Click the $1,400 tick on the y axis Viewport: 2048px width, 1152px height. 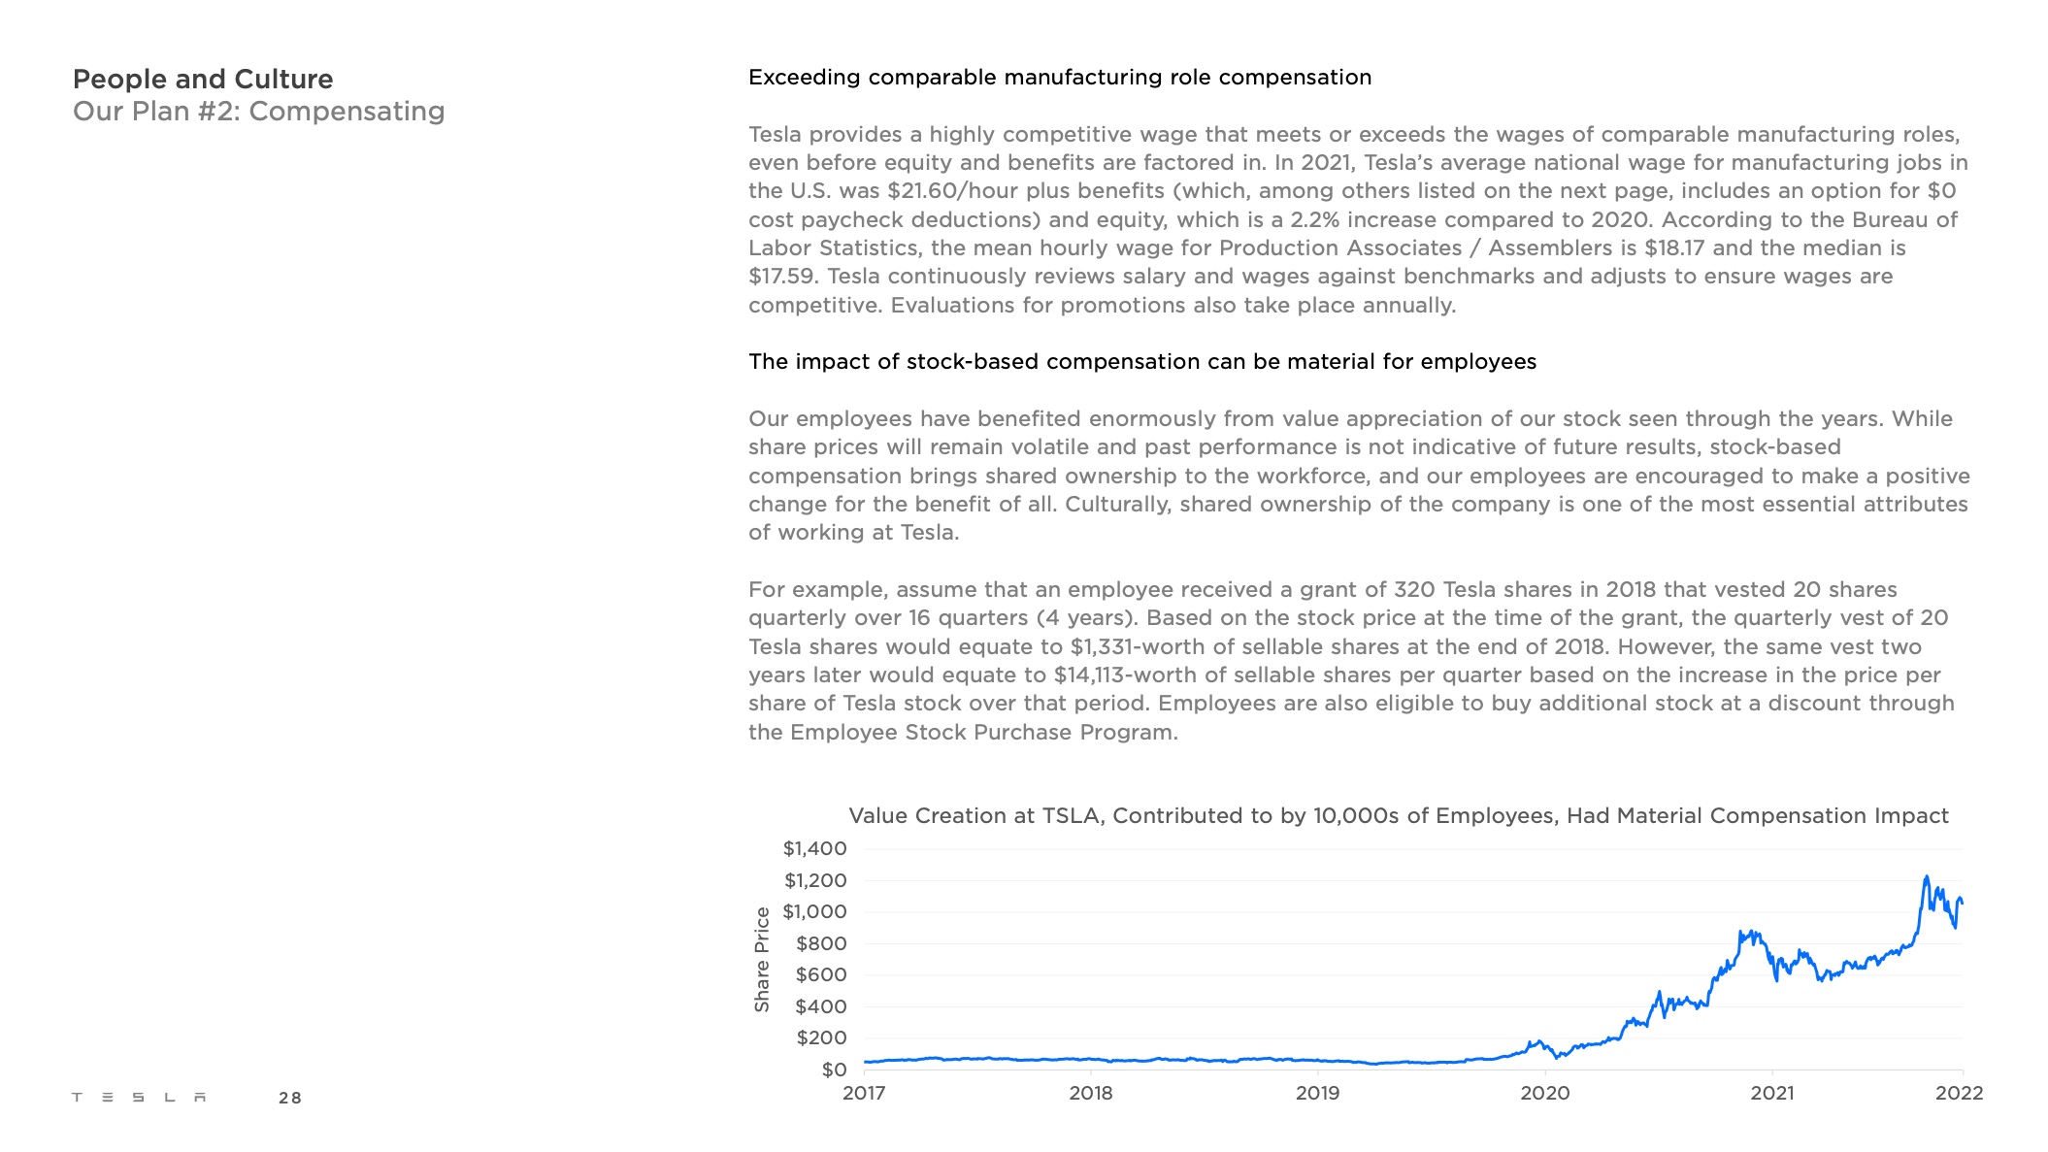point(814,849)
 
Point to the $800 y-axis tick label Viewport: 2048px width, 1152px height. point(820,943)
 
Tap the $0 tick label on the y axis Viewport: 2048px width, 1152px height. point(834,1070)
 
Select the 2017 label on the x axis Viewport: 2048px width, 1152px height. point(864,1094)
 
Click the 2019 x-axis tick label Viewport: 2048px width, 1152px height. point(1317,1094)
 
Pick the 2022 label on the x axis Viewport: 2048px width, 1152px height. point(1959,1094)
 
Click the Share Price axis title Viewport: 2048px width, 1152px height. point(762,959)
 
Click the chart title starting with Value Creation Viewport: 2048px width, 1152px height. point(1398,816)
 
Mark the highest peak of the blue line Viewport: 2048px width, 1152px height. point(1926,877)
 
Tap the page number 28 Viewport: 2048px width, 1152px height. point(289,1099)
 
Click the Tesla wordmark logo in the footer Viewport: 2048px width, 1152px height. point(139,1098)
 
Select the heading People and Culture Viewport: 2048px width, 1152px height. point(203,80)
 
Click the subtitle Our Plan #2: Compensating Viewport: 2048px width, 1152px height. point(258,112)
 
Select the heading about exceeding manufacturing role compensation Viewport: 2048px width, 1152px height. point(1060,78)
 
